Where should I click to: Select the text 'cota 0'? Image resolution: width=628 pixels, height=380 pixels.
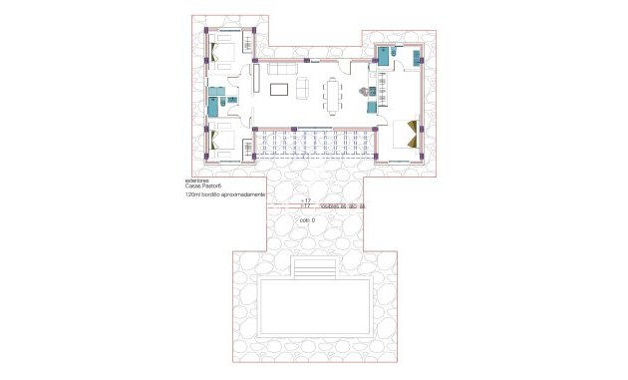pos(305,220)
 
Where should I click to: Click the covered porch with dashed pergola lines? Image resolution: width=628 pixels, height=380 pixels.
pos(313,145)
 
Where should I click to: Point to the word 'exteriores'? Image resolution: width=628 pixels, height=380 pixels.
pos(200,180)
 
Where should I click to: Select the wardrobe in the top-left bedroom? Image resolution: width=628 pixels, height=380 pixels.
pos(248,45)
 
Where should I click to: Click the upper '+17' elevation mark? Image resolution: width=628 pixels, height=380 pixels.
pos(305,200)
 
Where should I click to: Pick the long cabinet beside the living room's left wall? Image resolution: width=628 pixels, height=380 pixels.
pos(255,78)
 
